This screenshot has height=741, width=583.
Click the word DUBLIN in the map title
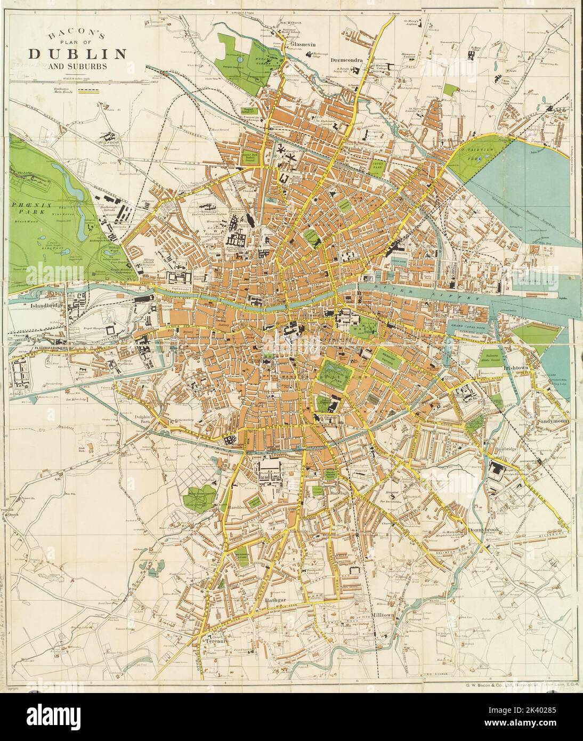coord(77,54)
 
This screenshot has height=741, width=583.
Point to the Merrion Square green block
coord(388,359)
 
